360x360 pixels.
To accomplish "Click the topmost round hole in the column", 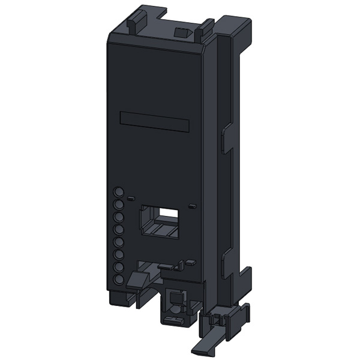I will (x=119, y=192).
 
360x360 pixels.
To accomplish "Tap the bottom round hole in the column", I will (x=119, y=280).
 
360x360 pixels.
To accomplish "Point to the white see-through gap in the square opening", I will (x=169, y=212).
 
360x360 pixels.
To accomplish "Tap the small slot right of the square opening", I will (x=192, y=206).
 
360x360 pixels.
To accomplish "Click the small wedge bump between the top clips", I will (x=179, y=31).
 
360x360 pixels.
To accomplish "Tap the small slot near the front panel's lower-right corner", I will (x=190, y=262).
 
